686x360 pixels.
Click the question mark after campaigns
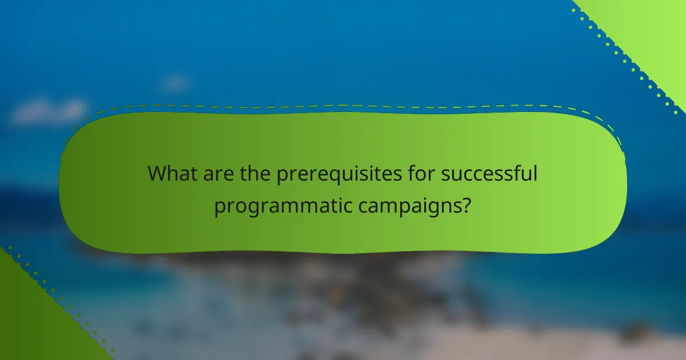(467, 205)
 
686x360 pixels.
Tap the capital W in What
(158, 174)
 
